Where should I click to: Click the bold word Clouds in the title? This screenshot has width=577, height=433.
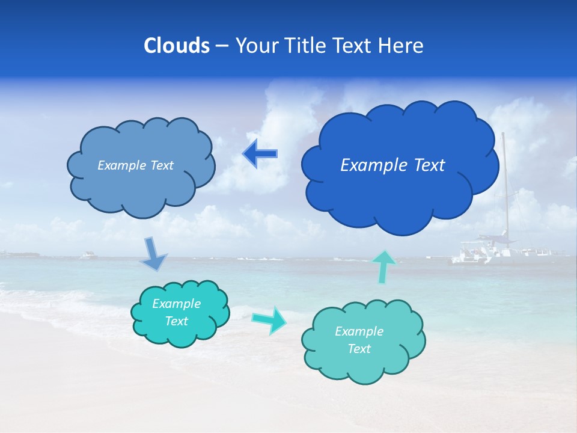coord(177,46)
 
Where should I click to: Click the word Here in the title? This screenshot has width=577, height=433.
coord(402,46)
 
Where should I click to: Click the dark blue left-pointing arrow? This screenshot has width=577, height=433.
coord(260,154)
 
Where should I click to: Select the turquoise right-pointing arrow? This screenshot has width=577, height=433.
coord(269,319)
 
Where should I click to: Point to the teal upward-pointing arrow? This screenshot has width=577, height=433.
coord(384,266)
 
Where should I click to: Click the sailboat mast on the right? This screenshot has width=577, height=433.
coord(505,186)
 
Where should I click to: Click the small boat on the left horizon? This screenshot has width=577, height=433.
coord(89,256)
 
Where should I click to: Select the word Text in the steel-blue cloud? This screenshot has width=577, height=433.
coord(162,165)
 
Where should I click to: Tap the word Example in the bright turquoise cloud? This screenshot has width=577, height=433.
coord(177,304)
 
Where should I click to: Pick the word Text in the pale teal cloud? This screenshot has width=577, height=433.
coord(359,349)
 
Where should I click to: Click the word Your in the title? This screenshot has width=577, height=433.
coord(253,46)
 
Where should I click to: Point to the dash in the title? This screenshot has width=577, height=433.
coord(222,46)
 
